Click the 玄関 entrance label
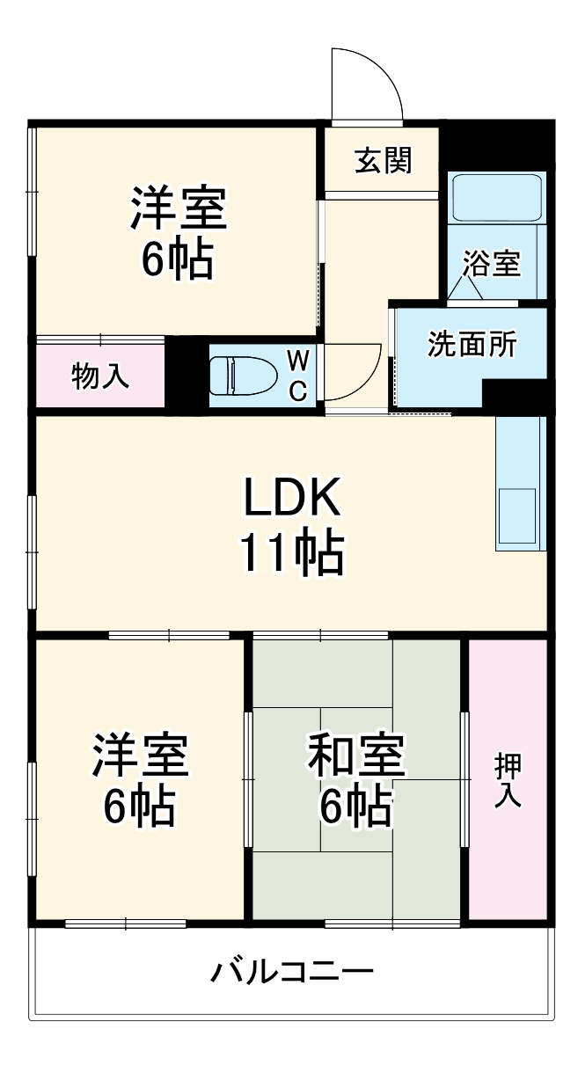[383, 161]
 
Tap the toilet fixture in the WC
[242, 374]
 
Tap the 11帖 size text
[290, 552]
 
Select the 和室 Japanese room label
[355, 755]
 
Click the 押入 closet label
[508, 779]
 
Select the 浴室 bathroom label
[492, 264]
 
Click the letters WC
[299, 374]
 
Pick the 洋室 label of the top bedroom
[179, 208]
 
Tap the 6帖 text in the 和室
[355, 805]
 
